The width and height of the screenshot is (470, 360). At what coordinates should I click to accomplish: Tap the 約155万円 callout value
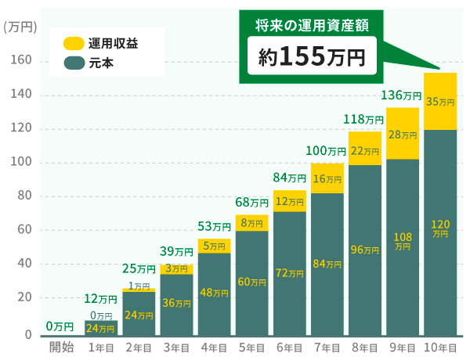point(312,56)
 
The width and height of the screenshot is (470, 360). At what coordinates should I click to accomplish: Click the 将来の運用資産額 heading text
point(312,26)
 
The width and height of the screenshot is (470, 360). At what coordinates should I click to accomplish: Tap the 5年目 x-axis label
point(251,347)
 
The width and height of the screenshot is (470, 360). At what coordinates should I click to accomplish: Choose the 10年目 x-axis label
point(439,347)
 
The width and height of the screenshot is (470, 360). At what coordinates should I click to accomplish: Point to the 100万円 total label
point(326,150)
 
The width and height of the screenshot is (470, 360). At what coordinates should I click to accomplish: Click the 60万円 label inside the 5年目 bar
point(251,282)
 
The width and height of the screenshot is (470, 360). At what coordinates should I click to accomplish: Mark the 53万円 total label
point(213,227)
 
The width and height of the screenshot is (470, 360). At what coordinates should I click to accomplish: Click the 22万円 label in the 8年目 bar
point(364,151)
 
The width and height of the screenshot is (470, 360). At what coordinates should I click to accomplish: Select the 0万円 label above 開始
point(60,326)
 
